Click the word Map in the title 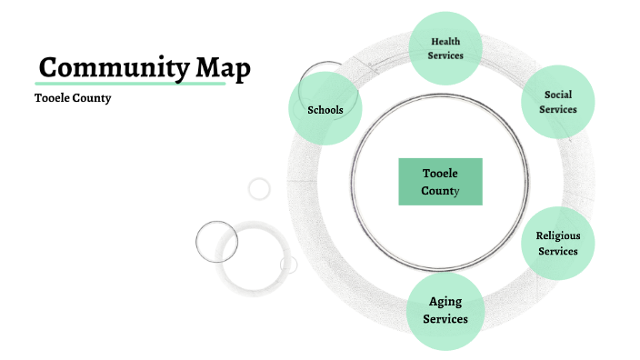point(221,68)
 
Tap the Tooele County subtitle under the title point(73,98)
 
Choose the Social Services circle point(558,102)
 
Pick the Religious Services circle point(557,244)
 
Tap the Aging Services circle point(445,311)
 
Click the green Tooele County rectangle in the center point(441,182)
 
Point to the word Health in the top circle point(446,42)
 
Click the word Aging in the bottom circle point(445,302)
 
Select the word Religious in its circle point(558,236)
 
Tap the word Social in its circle point(558,95)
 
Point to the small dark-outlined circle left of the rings point(216,242)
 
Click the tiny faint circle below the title point(260,188)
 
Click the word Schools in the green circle point(325,111)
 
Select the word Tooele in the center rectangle point(441,174)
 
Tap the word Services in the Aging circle point(445,319)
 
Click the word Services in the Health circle point(446,55)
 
